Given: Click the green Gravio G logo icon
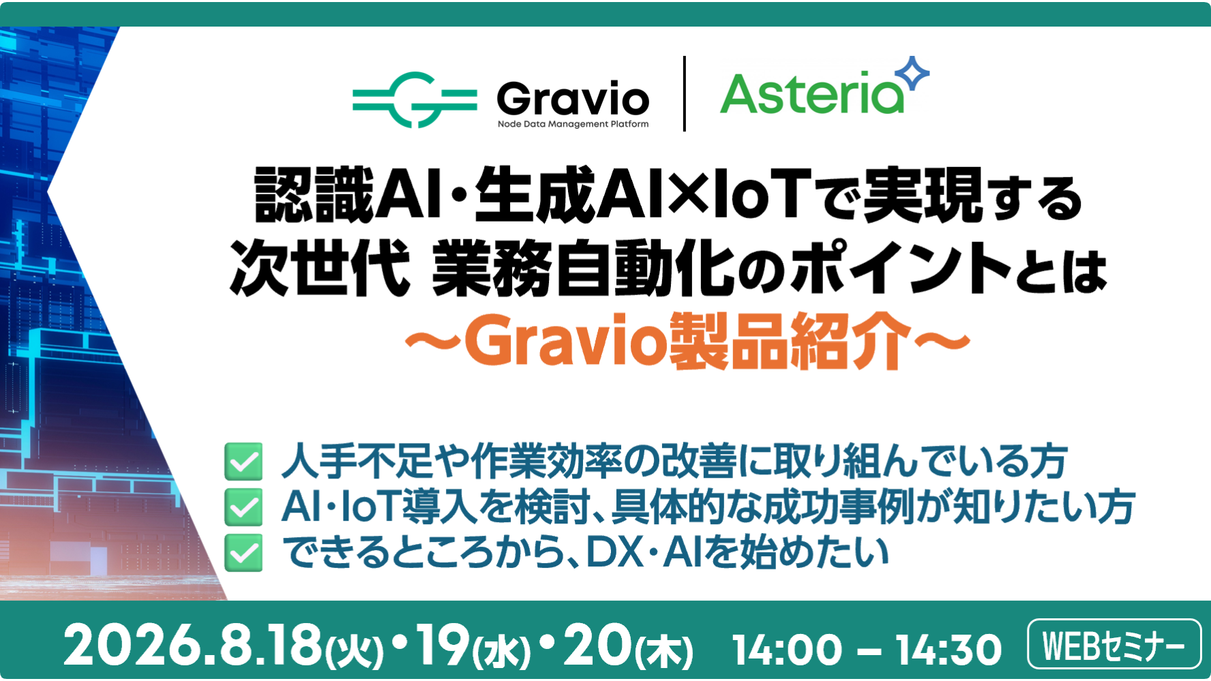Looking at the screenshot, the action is pos(415,100).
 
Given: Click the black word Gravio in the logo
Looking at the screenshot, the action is pos(573,100).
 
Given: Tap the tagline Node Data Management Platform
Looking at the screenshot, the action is pos(573,124).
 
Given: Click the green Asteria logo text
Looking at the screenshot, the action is pos(812,93).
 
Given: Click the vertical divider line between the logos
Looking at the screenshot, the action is pos(684,93).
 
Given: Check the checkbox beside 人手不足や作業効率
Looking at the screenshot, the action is pos(243,461).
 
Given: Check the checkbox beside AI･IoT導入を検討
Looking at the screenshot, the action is pos(243,507).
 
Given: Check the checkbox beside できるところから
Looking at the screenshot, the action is pos(243,552).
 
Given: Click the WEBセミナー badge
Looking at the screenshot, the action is pos(1114,644).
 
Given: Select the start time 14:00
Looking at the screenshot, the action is pos(787,650).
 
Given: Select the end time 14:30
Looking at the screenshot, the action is pos(948,650).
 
